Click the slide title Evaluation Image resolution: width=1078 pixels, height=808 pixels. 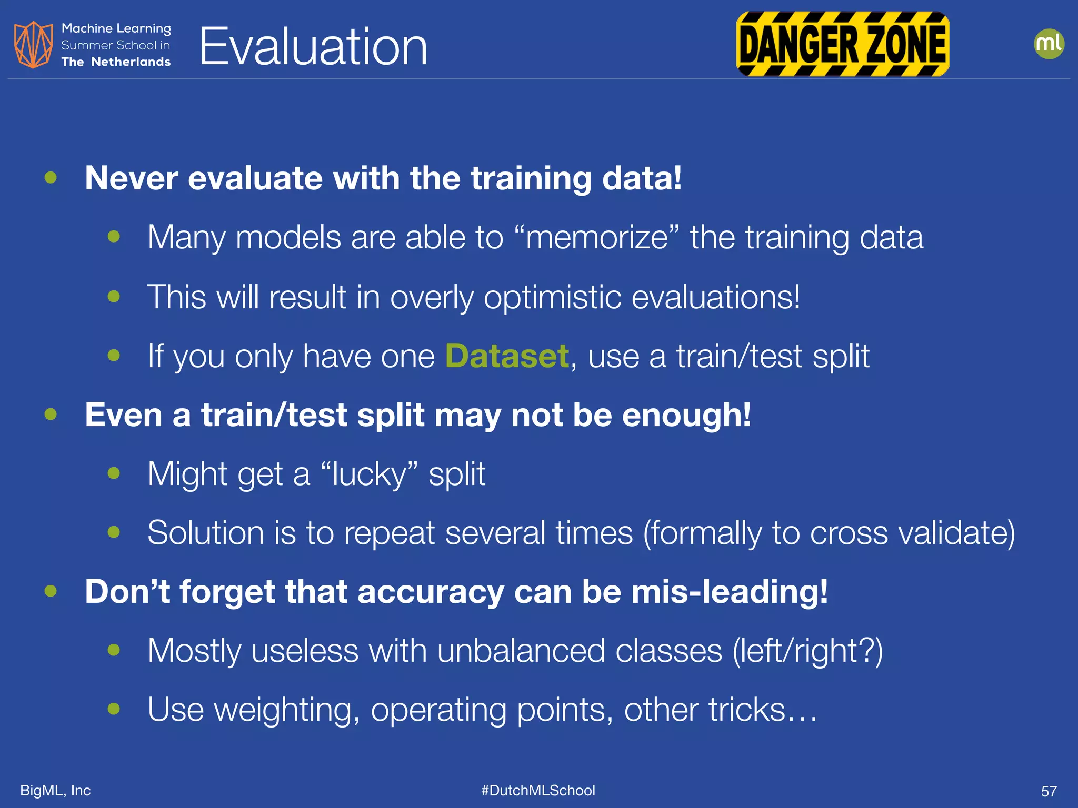(313, 47)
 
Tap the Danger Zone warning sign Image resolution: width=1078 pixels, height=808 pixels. (842, 44)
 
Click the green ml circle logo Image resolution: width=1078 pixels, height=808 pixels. (1049, 44)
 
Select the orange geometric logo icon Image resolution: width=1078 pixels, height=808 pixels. (33, 45)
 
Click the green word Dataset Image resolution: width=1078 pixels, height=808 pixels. (507, 356)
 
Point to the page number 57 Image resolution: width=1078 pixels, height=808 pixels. (1049, 791)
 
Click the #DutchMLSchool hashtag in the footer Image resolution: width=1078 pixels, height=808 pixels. (538, 790)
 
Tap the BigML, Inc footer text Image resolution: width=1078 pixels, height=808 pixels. (55, 790)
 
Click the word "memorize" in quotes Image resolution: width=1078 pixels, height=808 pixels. (597, 238)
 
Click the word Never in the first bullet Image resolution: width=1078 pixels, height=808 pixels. (131, 178)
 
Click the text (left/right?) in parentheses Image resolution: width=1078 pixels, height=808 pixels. (807, 651)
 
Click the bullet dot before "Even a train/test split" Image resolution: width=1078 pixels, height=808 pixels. (51, 415)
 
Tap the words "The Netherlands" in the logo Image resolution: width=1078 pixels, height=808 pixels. (116, 62)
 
